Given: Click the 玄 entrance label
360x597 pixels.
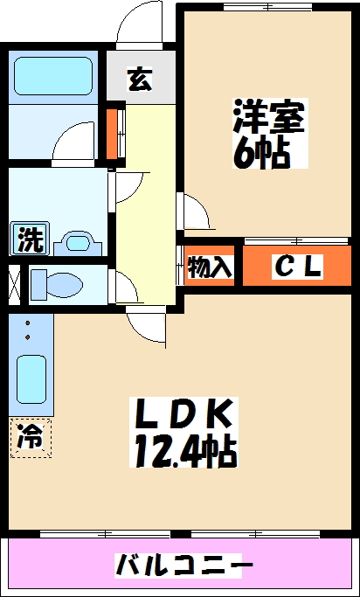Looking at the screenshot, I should [x=140, y=80].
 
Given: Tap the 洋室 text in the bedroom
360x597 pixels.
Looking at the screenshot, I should [x=268, y=117].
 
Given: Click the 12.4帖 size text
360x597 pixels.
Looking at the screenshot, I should [x=185, y=452].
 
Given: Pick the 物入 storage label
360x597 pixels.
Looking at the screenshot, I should [x=211, y=267].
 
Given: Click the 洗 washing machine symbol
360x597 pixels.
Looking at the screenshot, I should [x=29, y=239].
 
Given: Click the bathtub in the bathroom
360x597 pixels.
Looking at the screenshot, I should [x=55, y=79].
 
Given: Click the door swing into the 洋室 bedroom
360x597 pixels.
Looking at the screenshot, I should [x=195, y=211].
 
